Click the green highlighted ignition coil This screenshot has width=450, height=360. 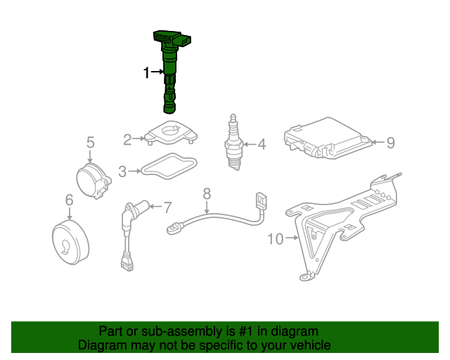click(x=169, y=69)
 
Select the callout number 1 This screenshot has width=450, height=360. click(x=147, y=72)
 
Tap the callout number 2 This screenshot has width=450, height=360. click(x=127, y=139)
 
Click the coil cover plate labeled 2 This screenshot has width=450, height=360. click(x=170, y=133)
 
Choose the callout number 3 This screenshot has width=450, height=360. click(x=122, y=172)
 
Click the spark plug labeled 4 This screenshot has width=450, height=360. click(x=234, y=143)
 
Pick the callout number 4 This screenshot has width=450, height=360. click(x=262, y=144)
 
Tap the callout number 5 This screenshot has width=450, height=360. click(x=91, y=143)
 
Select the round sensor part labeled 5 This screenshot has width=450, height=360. click(x=93, y=181)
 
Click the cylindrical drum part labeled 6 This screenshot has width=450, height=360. click(x=70, y=243)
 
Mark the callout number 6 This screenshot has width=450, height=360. click(x=70, y=200)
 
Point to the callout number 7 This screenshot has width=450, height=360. click(x=167, y=207)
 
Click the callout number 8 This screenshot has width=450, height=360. click(x=207, y=194)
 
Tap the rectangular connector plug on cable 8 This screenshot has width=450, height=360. click(x=262, y=202)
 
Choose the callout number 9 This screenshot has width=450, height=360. click(x=391, y=143)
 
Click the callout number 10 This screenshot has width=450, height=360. click(x=276, y=239)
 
